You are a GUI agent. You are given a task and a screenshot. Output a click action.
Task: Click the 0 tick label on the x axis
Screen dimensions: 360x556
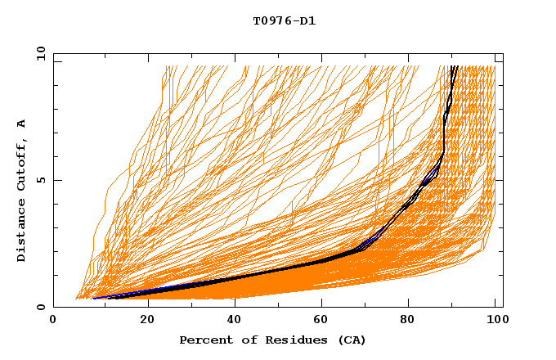point(53,320)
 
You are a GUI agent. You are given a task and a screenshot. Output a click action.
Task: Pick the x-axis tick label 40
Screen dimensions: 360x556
point(235,320)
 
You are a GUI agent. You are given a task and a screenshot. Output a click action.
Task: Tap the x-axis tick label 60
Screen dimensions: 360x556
point(323,320)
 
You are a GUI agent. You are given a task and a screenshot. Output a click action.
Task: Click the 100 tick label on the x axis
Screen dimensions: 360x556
point(495,320)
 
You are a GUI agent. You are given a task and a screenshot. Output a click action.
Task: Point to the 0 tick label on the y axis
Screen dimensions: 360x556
point(40,308)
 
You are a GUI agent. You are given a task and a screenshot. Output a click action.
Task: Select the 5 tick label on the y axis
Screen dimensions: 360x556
point(40,180)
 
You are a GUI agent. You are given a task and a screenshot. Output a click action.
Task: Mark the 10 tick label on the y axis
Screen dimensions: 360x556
point(40,54)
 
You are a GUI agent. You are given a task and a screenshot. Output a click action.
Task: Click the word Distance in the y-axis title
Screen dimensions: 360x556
point(21,232)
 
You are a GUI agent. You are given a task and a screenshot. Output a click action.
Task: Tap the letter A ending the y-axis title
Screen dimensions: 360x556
point(21,123)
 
